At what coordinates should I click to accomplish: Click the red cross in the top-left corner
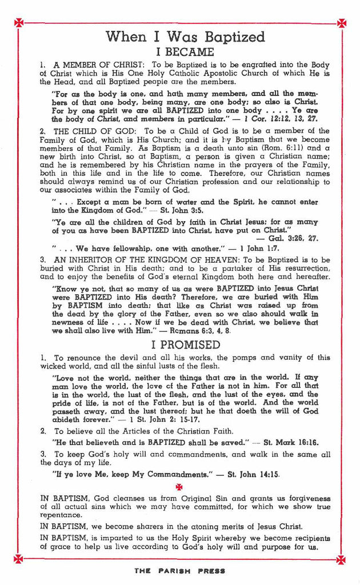(19, 23)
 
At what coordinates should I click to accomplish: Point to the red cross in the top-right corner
(341, 23)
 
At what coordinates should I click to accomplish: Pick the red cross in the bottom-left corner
(19, 558)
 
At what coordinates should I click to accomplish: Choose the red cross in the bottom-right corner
(341, 558)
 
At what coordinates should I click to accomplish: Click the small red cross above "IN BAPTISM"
(179, 487)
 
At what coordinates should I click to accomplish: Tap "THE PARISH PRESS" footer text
(180, 571)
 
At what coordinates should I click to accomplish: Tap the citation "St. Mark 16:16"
(291, 442)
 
